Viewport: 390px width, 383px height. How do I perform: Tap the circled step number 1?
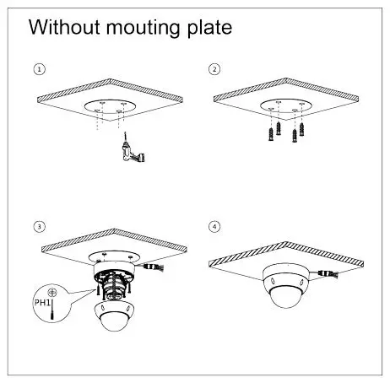(x=38, y=68)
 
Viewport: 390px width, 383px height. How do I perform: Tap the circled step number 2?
(x=214, y=68)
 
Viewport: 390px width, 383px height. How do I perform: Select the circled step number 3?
(x=38, y=227)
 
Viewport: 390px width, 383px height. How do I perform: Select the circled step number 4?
(x=214, y=227)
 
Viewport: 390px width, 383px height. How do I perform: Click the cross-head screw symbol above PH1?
(x=52, y=287)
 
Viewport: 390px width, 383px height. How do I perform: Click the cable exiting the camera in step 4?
(x=326, y=274)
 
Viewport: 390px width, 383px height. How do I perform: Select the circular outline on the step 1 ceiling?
(x=110, y=106)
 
